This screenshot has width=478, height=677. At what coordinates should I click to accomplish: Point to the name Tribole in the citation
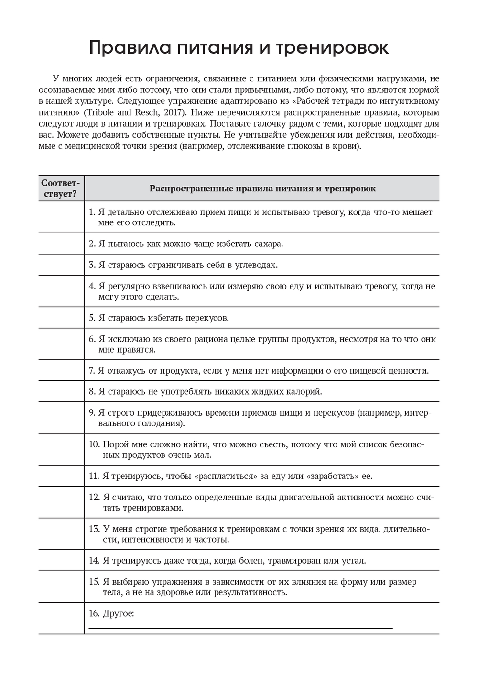102,113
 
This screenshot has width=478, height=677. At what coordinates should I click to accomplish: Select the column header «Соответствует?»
61,189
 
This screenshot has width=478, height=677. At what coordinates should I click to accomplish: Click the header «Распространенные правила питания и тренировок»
262,189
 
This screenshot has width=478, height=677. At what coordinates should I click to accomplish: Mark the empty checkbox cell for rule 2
61,244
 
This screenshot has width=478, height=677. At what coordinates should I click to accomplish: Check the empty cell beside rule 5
61,318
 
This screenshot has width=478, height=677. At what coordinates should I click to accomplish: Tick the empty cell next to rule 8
61,391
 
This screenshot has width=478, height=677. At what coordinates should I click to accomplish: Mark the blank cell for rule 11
61,476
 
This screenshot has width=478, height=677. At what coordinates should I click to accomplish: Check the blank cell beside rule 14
61,560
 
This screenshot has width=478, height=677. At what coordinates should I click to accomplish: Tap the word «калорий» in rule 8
305,391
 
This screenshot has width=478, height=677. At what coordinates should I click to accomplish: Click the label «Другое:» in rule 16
119,613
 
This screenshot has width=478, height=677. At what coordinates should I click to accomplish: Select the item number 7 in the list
92,370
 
